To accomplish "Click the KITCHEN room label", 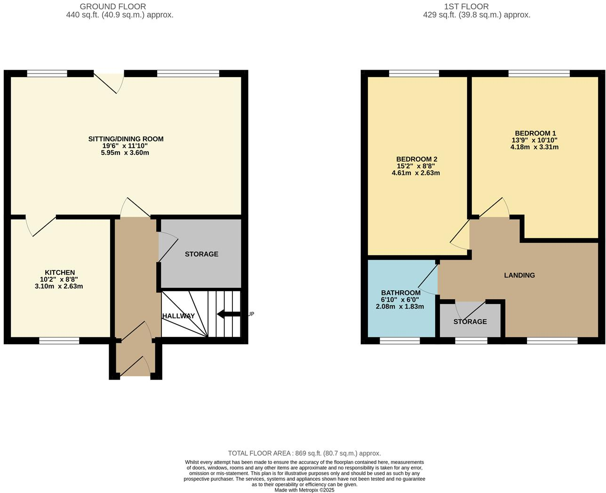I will click(x=60, y=272).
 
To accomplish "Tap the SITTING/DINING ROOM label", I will click(x=126, y=139).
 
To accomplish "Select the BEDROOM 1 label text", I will click(x=534, y=133).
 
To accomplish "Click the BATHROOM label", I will click(x=400, y=293).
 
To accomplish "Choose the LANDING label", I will click(x=519, y=275).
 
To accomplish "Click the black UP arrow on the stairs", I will click(x=229, y=314).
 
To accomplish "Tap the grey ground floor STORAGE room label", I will click(x=201, y=254).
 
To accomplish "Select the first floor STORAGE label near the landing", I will click(x=470, y=322).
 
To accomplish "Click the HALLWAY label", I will click(x=178, y=316).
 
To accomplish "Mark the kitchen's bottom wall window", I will click(x=59, y=341).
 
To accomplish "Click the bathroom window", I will click(x=399, y=341).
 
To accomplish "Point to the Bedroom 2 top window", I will click(x=414, y=73).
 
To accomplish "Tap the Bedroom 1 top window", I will click(x=539, y=73).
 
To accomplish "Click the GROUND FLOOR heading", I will click(x=113, y=7).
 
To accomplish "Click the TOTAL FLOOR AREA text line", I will click(x=304, y=453).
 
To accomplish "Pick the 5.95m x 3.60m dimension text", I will click(x=125, y=153).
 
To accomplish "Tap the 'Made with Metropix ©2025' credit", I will click(x=304, y=490).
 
